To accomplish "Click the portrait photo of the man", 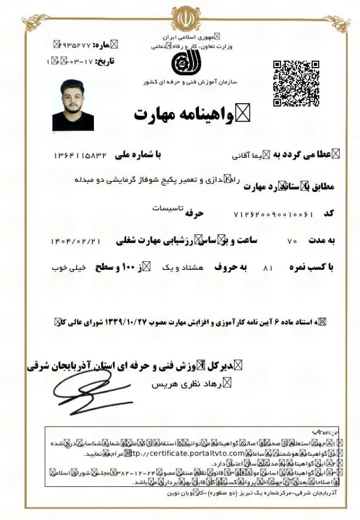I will point(73,105).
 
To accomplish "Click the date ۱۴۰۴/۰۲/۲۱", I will point(76,241).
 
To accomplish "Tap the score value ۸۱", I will point(268,268).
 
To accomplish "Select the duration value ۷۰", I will point(293,241).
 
